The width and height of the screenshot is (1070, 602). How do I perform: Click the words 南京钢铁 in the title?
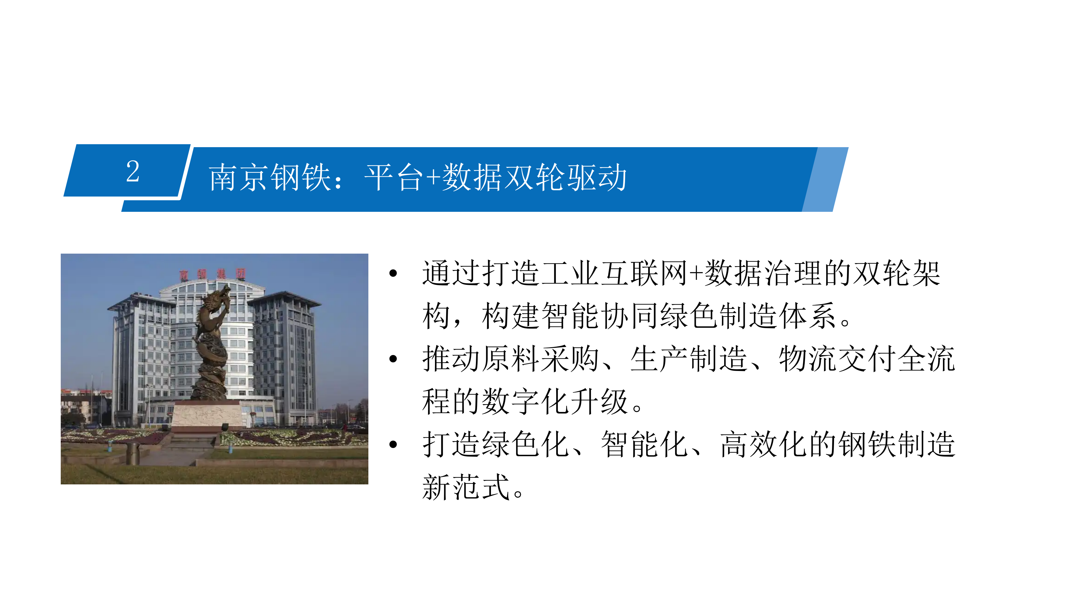[270, 178]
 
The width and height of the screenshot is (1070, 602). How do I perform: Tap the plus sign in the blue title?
[433, 178]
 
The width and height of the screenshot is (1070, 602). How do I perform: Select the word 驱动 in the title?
[597, 178]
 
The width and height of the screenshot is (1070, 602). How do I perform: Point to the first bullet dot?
[393, 273]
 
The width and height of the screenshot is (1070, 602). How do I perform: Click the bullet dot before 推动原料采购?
[393, 359]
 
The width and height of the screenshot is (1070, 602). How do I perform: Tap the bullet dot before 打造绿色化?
[393, 445]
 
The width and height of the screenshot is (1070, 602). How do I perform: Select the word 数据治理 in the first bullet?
[763, 273]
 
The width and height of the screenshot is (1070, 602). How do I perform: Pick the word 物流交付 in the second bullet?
[837, 359]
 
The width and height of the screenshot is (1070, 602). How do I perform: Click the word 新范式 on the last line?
[466, 487]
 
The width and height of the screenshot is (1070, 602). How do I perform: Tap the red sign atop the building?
[213, 274]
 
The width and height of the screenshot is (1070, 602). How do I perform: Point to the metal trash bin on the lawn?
[133, 454]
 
